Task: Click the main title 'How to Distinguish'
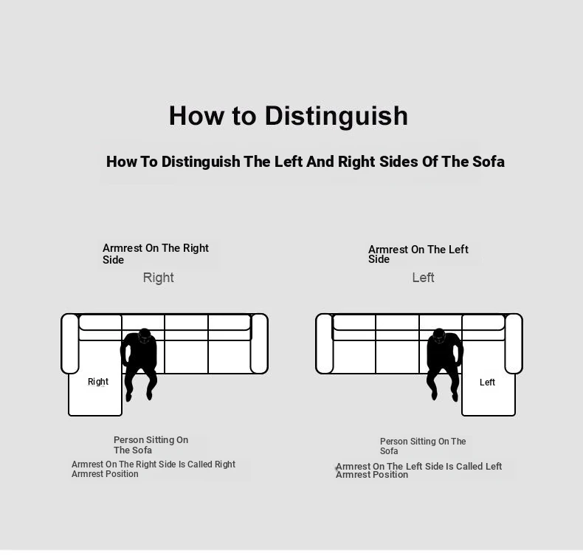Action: [289, 117]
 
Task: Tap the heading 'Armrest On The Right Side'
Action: [156, 253]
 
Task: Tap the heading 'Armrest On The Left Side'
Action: [418, 254]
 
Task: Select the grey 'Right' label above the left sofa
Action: [159, 278]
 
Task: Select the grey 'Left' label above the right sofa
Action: [423, 278]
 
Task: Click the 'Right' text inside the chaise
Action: [98, 382]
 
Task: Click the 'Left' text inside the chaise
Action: [487, 383]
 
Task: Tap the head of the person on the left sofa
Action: [144, 335]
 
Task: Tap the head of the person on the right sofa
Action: [439, 335]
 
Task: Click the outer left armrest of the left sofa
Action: [70, 343]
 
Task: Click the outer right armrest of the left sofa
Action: [259, 343]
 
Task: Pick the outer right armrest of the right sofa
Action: [514, 343]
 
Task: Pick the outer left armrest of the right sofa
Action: [325, 343]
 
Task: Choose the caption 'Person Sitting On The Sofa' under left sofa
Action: [151, 445]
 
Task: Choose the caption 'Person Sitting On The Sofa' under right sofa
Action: [423, 446]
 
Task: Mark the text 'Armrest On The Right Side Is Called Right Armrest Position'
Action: [153, 469]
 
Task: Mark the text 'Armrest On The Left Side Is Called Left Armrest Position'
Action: [418, 470]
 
